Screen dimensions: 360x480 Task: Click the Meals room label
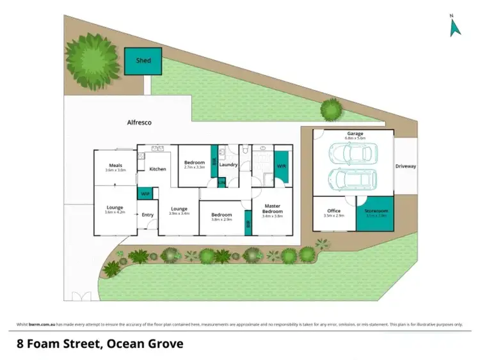pos(115,166)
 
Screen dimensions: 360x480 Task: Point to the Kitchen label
pos(157,169)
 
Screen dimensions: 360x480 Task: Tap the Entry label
pos(148,215)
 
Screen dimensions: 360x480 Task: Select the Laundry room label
pos(228,165)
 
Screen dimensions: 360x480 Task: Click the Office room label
pos(333,211)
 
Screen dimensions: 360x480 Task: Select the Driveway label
pos(405,166)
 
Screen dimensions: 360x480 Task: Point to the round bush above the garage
pos(331,109)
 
